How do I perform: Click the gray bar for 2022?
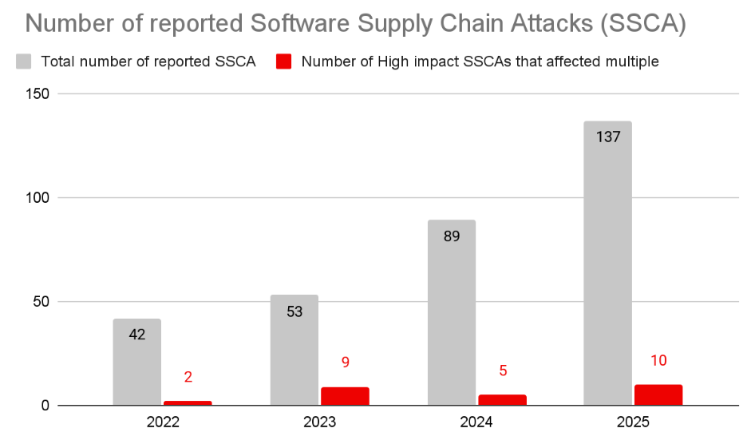tap(136, 363)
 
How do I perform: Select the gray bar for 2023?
tap(294, 351)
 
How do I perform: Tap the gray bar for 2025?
tap(607, 264)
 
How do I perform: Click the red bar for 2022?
tap(188, 403)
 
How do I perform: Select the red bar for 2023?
tap(345, 396)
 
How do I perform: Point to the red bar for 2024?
tap(502, 400)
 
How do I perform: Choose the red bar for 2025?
tap(658, 395)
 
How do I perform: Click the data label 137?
tap(607, 137)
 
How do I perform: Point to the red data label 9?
tap(345, 362)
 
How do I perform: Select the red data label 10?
tap(658, 360)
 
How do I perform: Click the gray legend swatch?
tap(25, 61)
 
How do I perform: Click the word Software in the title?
tap(303, 24)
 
